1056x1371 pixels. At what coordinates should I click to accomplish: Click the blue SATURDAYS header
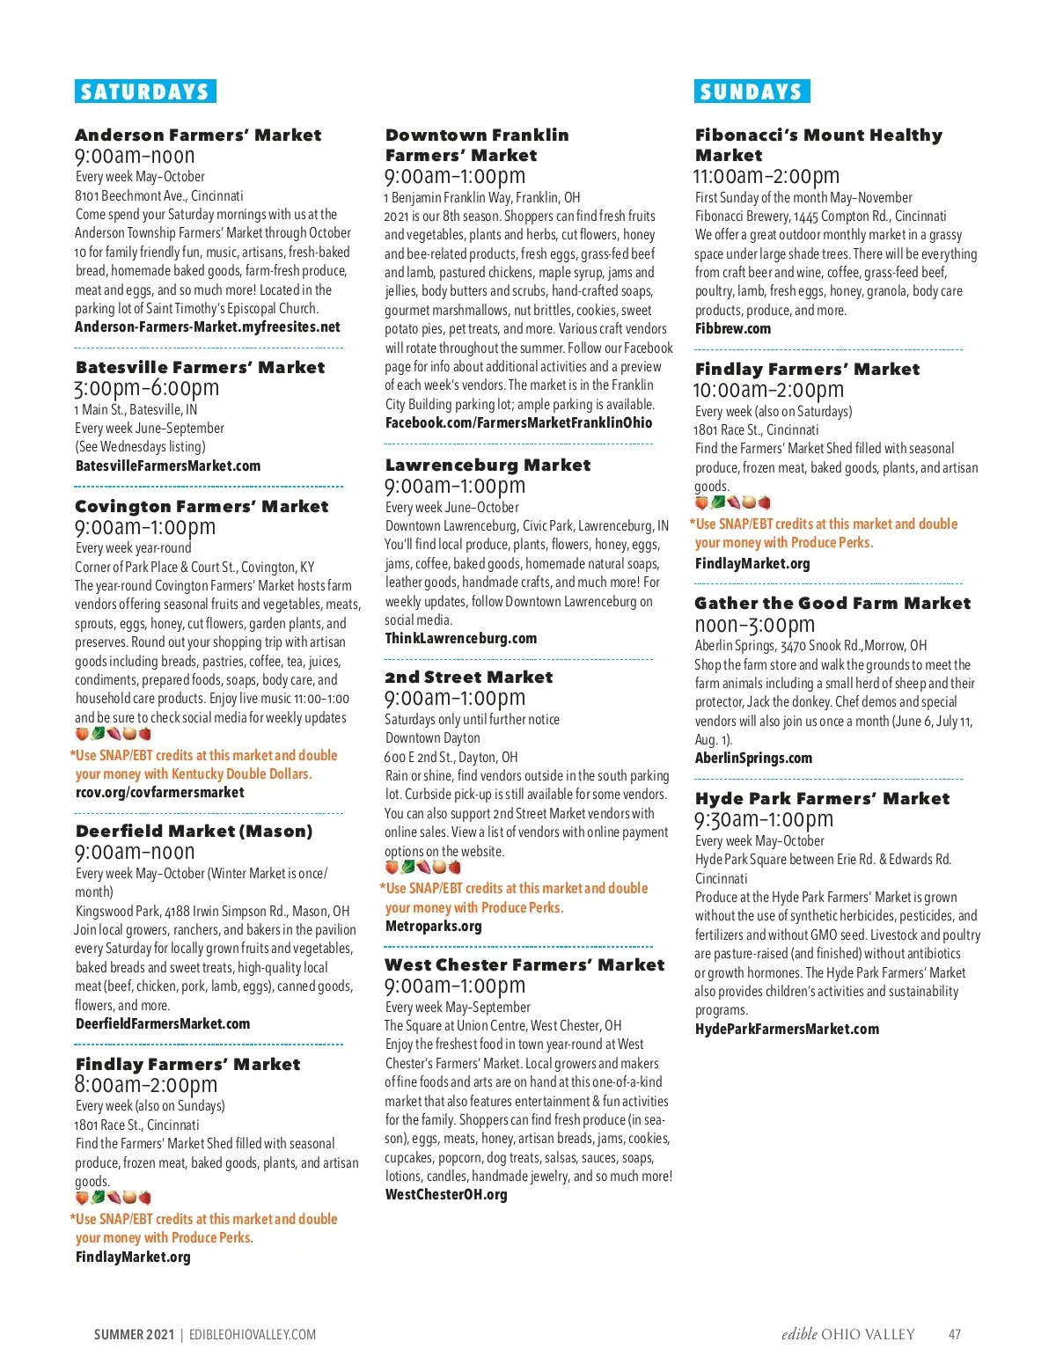pyautogui.click(x=145, y=92)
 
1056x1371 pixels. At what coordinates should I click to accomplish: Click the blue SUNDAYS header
pyautogui.click(x=752, y=92)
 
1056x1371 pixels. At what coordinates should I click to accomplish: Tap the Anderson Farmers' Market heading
pyautogui.click(x=198, y=135)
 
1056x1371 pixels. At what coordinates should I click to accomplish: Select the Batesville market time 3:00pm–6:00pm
pyautogui.click(x=147, y=388)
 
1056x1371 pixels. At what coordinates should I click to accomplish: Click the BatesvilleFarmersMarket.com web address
pyautogui.click(x=168, y=466)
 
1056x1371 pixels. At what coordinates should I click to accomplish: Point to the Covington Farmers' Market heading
pyautogui.click(x=202, y=506)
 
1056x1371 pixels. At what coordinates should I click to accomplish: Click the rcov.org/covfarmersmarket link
pyautogui.click(x=160, y=792)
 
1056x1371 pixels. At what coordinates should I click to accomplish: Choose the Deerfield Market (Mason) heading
pyautogui.click(x=194, y=831)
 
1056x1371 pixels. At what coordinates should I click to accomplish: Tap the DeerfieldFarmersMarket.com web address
pyautogui.click(x=163, y=1023)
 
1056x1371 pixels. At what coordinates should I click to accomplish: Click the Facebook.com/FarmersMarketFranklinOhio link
pyautogui.click(x=518, y=422)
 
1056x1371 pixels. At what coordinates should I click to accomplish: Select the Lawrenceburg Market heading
pyautogui.click(x=488, y=465)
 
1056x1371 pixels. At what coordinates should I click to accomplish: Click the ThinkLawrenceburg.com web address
pyautogui.click(x=460, y=638)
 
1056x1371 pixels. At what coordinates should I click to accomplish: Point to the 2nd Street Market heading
pyautogui.click(x=468, y=677)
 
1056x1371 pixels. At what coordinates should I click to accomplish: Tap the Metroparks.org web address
pyautogui.click(x=433, y=926)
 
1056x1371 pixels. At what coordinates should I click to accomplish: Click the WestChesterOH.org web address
pyautogui.click(x=446, y=1194)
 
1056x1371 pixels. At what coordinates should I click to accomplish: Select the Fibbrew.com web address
pyautogui.click(x=733, y=328)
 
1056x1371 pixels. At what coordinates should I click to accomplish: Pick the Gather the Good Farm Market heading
pyautogui.click(x=832, y=603)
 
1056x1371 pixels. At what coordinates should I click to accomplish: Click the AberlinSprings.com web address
pyautogui.click(x=753, y=758)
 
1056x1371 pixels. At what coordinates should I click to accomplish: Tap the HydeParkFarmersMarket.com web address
pyautogui.click(x=787, y=1029)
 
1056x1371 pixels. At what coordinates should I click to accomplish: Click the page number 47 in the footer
pyautogui.click(x=954, y=1334)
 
